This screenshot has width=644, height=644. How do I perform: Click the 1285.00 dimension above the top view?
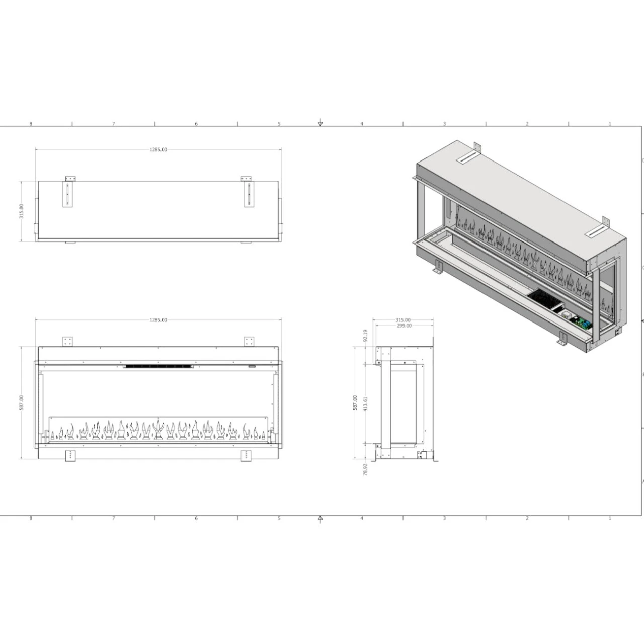[158, 149]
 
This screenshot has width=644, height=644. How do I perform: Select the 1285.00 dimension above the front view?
[158, 320]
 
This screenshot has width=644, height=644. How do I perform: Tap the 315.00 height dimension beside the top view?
[21, 211]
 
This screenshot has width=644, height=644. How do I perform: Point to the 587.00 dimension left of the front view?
[21, 403]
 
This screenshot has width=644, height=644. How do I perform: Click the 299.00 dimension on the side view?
[404, 326]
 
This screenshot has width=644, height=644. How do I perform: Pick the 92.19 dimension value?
[366, 336]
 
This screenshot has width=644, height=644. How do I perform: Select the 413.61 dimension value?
[366, 404]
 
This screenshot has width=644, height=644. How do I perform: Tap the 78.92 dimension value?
[366, 470]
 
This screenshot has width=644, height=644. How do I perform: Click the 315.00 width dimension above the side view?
[403, 320]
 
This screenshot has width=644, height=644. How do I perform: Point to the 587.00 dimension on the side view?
[355, 403]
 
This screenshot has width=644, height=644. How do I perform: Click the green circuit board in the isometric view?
[584, 324]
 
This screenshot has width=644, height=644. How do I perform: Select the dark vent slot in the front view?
[158, 366]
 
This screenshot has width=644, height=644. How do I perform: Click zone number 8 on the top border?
[31, 124]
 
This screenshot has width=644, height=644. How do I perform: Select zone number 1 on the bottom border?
[610, 518]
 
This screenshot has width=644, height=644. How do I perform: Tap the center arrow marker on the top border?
[320, 123]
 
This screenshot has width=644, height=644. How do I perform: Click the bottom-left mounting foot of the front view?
[70, 456]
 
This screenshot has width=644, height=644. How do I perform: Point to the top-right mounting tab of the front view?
[249, 341]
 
